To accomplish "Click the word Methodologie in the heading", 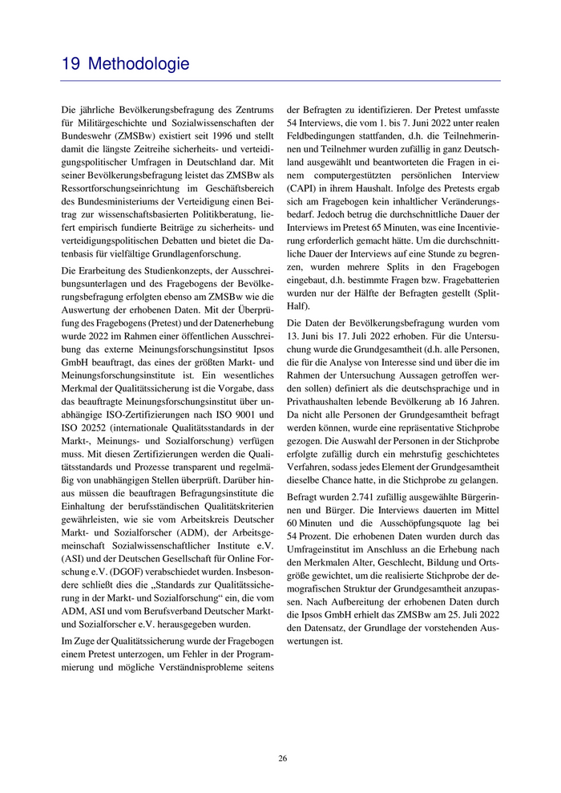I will point(139,63).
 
